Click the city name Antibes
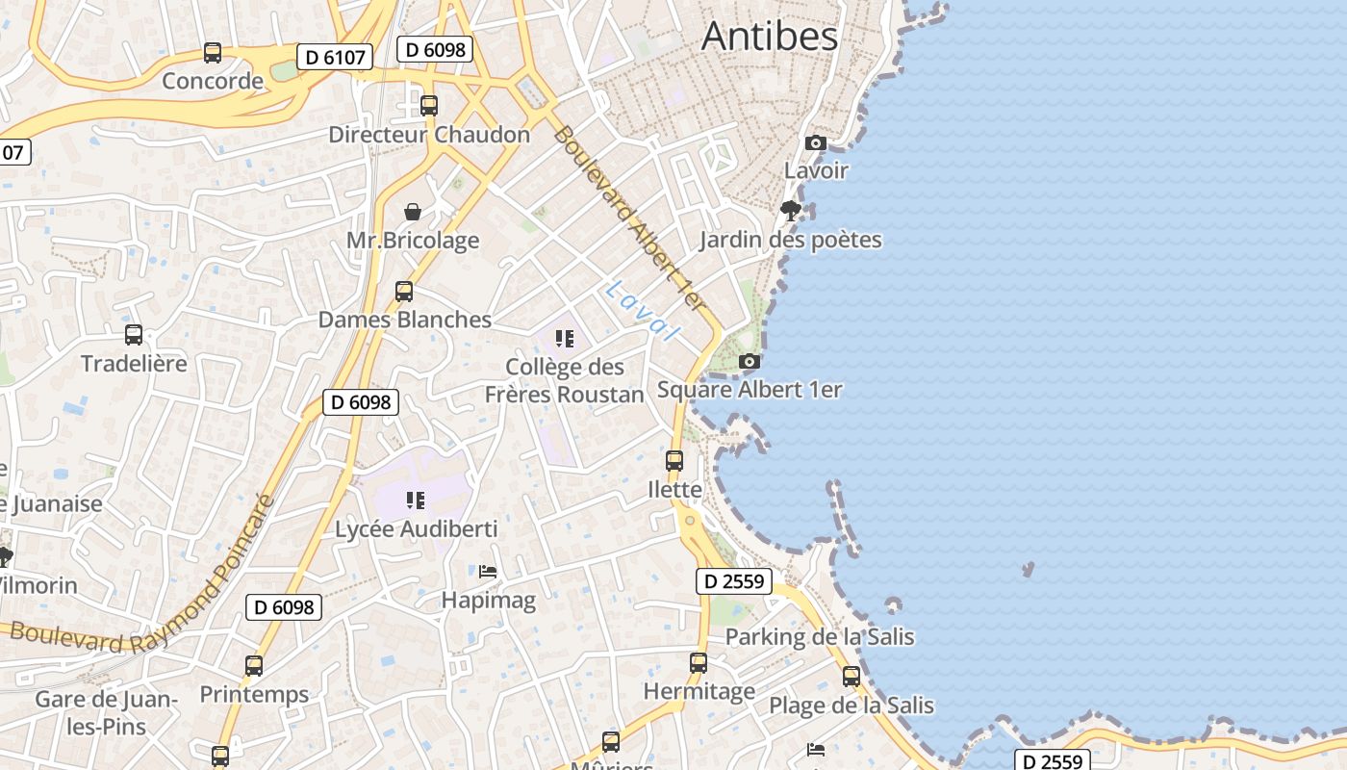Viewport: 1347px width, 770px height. point(770,37)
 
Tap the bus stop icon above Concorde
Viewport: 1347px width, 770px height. point(213,53)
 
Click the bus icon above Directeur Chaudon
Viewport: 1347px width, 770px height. point(429,106)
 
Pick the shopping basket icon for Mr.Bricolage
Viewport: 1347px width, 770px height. point(413,212)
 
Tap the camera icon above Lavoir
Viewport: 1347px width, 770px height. point(816,143)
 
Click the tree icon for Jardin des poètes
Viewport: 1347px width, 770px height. point(791,211)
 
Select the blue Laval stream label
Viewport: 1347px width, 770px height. point(642,310)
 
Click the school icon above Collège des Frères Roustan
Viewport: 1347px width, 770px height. point(565,339)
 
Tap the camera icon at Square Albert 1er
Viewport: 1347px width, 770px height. point(750,362)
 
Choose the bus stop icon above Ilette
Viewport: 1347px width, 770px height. point(674,461)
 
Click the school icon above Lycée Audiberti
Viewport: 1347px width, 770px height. point(416,500)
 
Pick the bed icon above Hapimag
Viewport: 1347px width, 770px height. point(488,572)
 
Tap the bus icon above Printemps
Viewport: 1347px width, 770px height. point(254,666)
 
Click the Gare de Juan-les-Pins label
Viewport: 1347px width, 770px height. point(106,712)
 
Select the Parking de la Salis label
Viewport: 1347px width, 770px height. point(820,637)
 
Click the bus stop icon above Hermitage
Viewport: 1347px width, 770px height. point(699,663)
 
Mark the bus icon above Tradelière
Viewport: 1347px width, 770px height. point(134,335)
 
